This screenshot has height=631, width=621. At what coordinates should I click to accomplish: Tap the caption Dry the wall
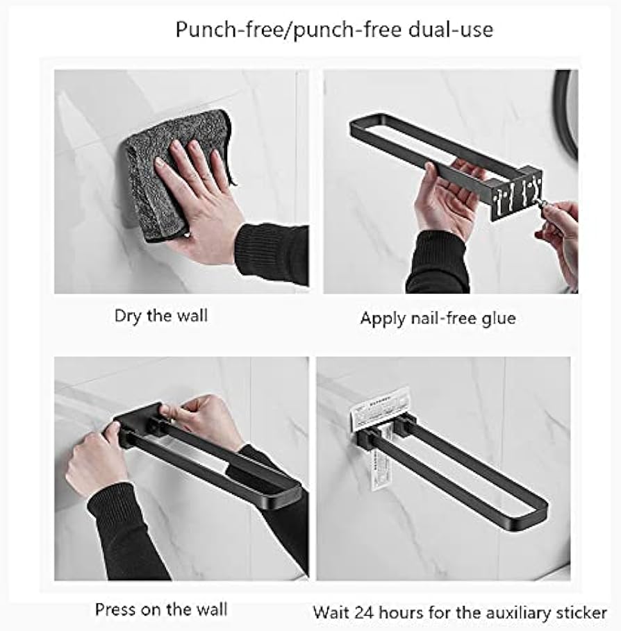(x=160, y=316)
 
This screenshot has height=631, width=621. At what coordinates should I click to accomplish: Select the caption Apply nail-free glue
(x=438, y=319)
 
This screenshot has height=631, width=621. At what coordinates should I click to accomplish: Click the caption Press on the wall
(x=160, y=610)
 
